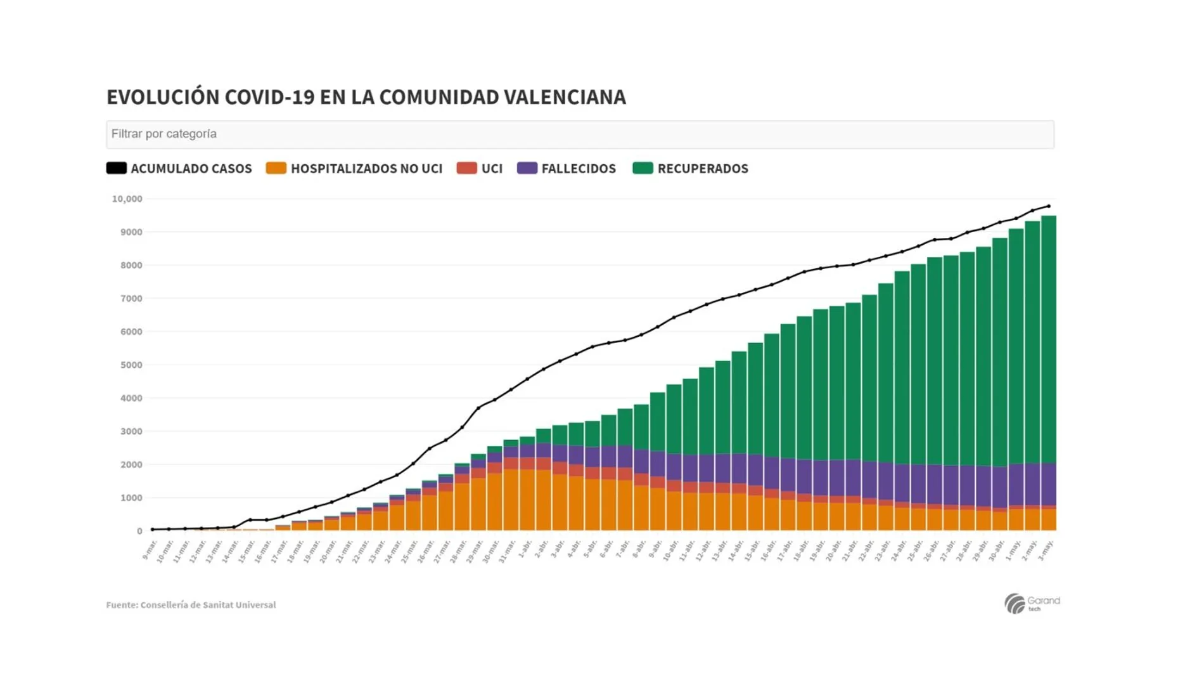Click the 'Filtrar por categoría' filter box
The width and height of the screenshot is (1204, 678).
579,134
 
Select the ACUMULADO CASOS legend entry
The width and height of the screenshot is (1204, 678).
179,169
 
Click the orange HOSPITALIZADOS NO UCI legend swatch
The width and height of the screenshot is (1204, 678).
276,169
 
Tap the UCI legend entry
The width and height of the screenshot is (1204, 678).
480,169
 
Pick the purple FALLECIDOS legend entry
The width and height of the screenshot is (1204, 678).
566,169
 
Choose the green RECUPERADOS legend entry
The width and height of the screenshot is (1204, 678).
690,169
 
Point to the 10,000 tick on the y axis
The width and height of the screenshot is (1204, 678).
127,199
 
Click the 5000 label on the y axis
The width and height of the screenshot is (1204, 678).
131,365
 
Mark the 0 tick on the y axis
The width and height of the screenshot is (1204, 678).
139,531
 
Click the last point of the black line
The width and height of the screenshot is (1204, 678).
1049,206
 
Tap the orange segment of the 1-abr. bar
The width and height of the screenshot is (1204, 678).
527,501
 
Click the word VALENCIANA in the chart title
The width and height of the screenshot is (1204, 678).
565,97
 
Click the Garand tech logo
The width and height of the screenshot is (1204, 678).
1031,603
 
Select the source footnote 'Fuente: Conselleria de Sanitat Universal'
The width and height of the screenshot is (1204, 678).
191,605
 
